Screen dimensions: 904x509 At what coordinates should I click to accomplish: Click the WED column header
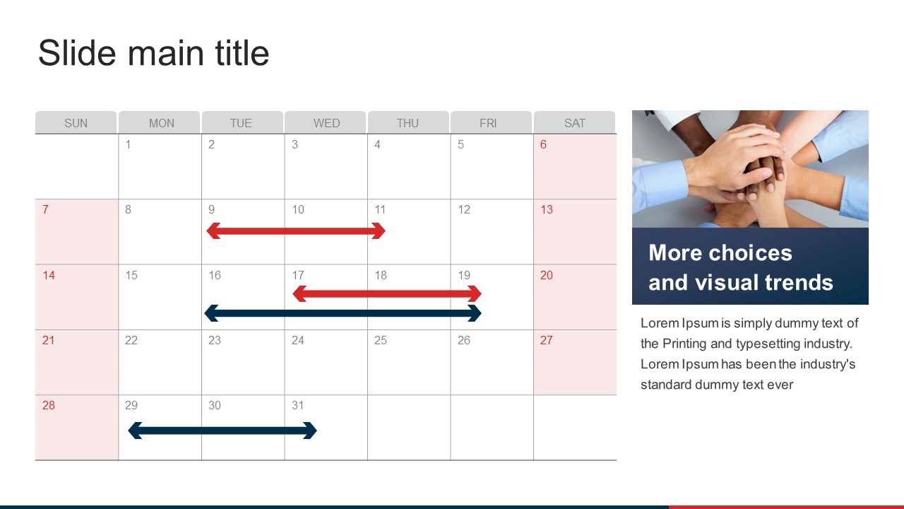click(x=326, y=122)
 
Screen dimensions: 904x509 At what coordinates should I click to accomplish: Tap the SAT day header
click(x=575, y=122)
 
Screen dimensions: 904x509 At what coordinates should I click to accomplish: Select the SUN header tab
click(x=76, y=122)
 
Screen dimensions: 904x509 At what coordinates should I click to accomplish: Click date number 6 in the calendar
click(x=543, y=144)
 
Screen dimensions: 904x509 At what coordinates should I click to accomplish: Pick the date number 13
click(x=547, y=209)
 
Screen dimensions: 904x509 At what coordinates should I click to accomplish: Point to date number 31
click(x=297, y=405)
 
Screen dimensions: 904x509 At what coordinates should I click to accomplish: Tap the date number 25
click(x=380, y=340)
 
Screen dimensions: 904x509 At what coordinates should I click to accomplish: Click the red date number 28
click(x=49, y=405)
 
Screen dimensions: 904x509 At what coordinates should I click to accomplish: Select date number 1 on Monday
click(x=128, y=144)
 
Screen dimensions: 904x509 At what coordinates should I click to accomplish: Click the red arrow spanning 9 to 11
click(x=296, y=230)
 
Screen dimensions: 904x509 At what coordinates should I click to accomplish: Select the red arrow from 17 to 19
click(x=386, y=293)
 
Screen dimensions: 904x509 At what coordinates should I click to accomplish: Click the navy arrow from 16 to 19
click(x=343, y=313)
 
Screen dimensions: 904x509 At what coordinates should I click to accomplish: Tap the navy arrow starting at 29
click(x=222, y=431)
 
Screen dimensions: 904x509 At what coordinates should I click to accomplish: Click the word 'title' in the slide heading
click(x=242, y=53)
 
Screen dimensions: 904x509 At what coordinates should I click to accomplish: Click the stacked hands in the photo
click(x=751, y=170)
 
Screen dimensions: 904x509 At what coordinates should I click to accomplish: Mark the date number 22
click(x=131, y=340)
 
